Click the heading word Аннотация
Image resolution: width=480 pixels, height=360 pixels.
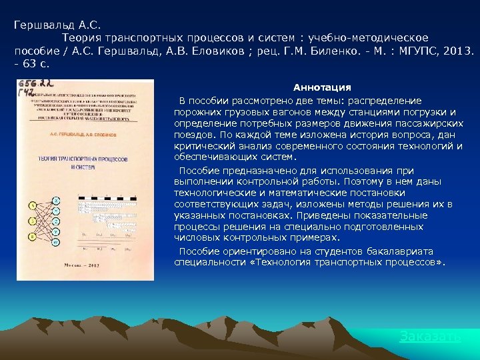[322, 87]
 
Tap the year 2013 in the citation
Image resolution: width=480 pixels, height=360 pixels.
[457, 51]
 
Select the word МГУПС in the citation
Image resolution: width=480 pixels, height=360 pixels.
[417, 51]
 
